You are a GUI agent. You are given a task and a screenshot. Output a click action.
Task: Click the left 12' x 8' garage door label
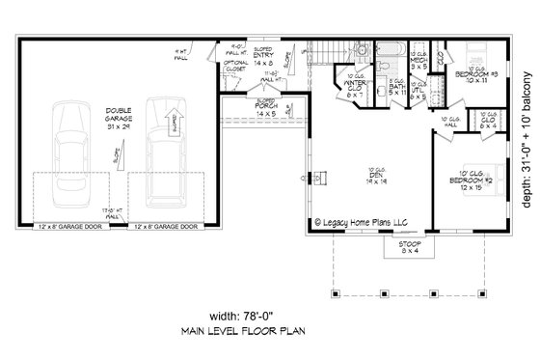pos(72,254)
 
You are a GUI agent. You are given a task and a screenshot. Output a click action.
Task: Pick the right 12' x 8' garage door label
pos(165,254)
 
